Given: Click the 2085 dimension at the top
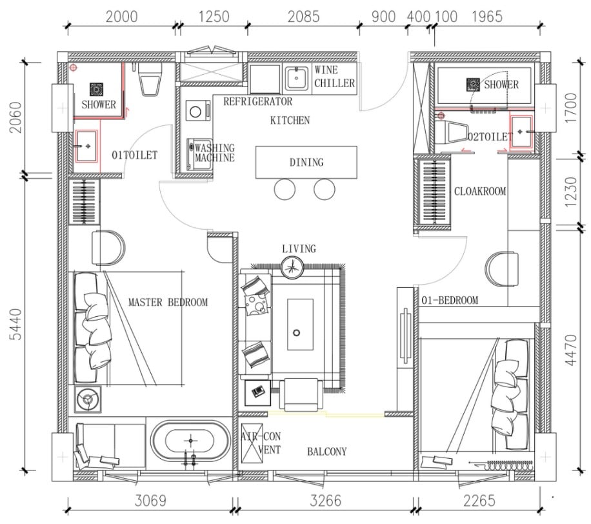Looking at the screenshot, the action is (303, 17).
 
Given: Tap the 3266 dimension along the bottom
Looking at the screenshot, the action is (326, 501).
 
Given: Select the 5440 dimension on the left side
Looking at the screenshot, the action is (16, 324).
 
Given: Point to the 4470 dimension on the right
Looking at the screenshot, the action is (571, 350).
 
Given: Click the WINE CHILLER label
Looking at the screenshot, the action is (335, 77).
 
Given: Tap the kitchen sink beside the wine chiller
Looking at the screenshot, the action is (297, 79).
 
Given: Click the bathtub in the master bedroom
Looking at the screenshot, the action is (191, 441).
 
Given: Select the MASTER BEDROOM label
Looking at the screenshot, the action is (168, 303).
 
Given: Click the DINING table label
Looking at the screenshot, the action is (306, 163).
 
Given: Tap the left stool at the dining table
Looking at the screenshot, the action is (285, 189).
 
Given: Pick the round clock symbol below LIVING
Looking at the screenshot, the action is (292, 268).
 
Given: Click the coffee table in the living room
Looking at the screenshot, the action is (300, 325).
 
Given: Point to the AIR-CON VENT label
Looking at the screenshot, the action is (261, 443).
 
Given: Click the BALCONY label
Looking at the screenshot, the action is (326, 452).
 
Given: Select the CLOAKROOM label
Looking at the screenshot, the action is (480, 192).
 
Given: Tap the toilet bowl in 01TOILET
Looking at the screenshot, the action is (151, 79).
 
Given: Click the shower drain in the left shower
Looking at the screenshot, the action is (97, 90).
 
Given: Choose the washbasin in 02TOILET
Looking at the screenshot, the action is (522, 132).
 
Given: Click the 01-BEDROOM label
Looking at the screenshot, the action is (450, 301).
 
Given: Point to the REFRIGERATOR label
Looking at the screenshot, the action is (258, 101).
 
